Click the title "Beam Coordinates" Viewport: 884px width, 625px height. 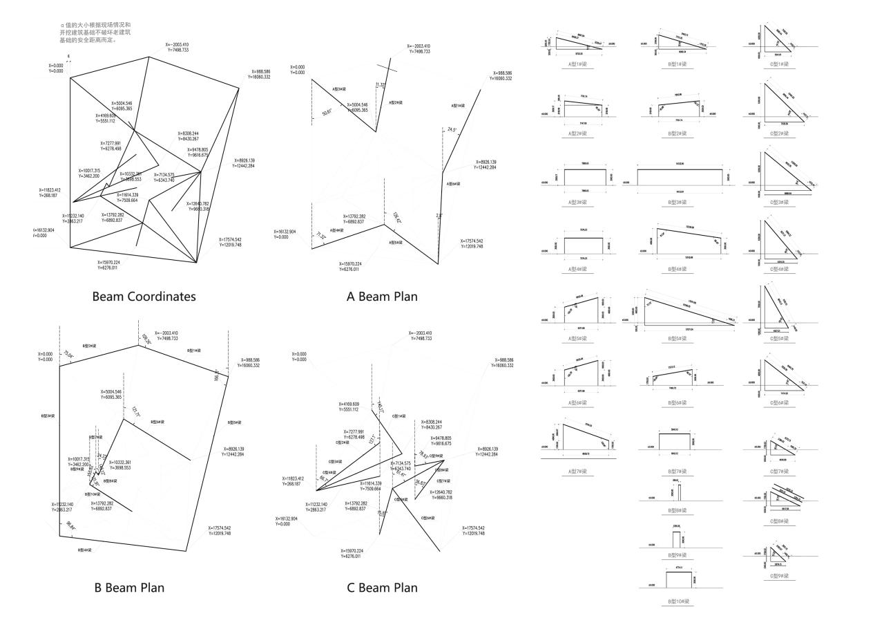click(x=144, y=297)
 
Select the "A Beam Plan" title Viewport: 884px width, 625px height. click(x=382, y=297)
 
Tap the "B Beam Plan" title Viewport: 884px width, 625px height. click(x=129, y=588)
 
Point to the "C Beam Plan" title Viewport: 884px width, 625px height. click(x=382, y=588)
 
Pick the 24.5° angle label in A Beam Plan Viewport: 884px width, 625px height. click(x=453, y=129)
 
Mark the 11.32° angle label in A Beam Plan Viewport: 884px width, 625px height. click(x=381, y=85)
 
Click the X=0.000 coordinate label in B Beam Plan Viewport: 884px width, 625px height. click(x=49, y=357)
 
